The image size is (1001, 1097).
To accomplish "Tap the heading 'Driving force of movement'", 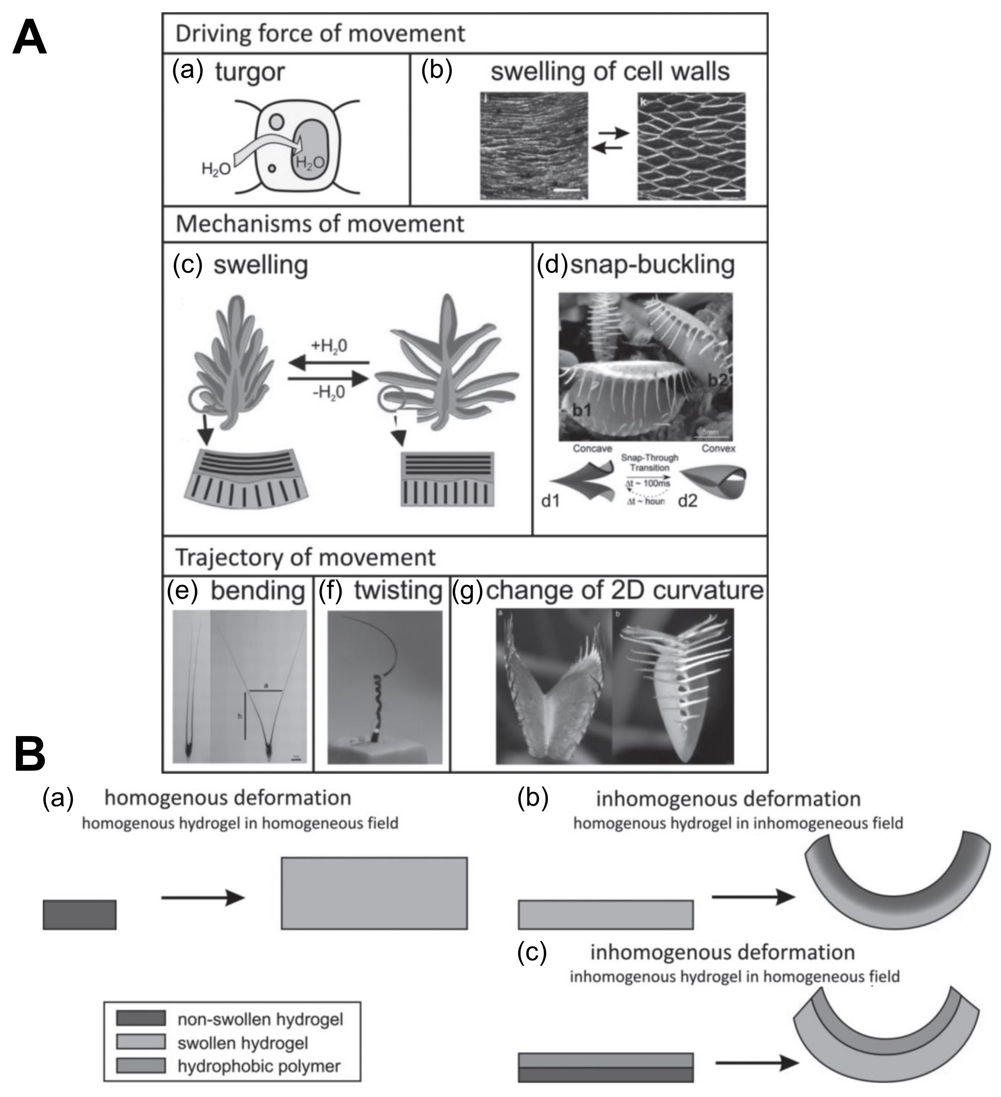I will pos(320,34).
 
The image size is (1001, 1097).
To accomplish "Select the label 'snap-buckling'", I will pos(652,265).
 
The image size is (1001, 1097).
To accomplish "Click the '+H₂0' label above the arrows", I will pos(329,346).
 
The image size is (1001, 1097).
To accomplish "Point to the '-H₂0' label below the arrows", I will pos(329,392).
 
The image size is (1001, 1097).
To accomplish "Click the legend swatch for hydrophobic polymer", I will pos(141,1066).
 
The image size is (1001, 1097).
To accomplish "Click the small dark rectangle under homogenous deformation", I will pos(79,914).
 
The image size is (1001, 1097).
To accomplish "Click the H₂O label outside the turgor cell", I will pos(216,169).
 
